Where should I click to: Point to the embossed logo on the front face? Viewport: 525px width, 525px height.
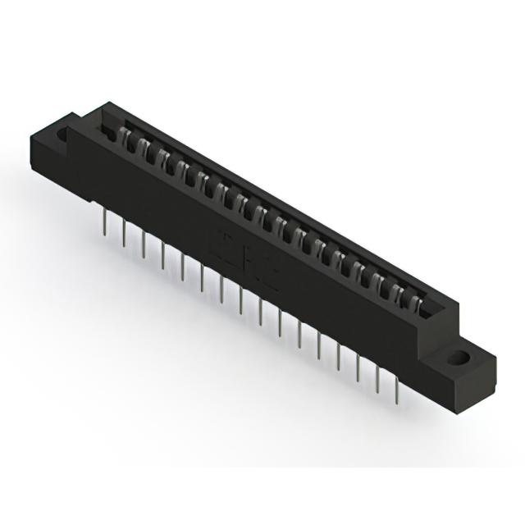[246, 259]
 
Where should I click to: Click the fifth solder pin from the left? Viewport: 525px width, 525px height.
[183, 264]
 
